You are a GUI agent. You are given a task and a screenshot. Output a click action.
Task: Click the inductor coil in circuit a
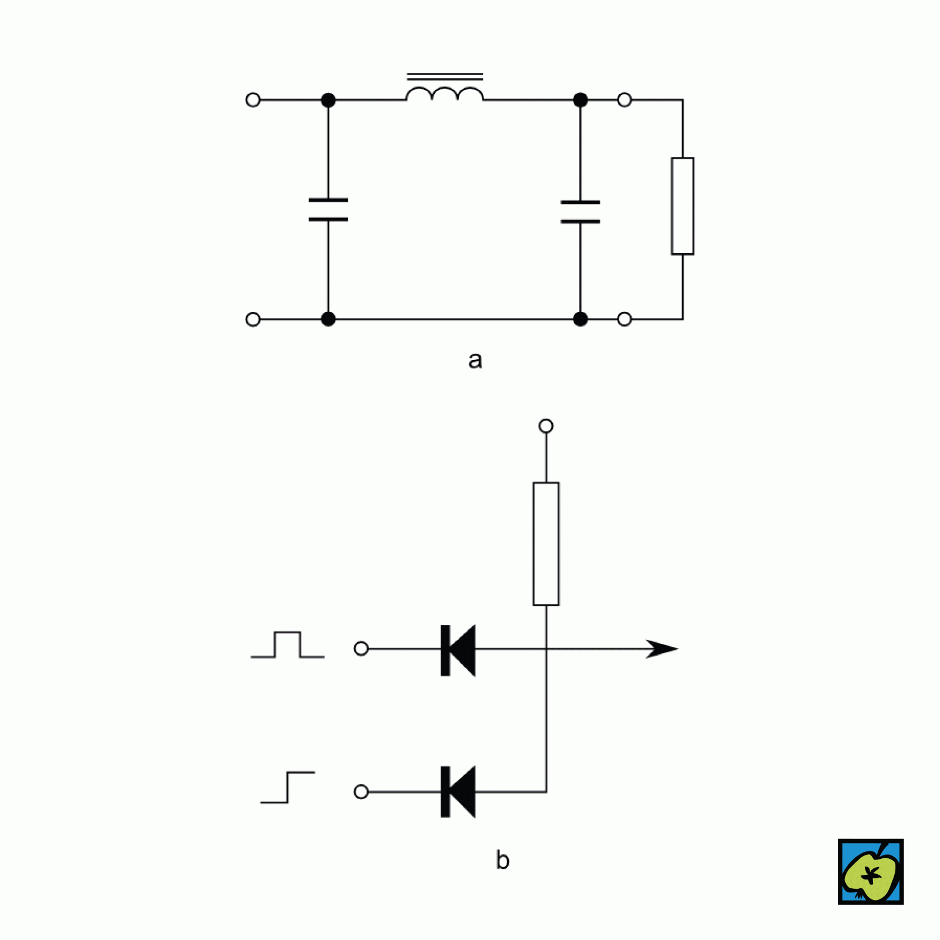point(445,93)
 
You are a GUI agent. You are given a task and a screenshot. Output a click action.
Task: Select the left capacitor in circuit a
point(328,210)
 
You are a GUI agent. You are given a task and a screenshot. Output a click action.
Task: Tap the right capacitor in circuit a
point(580,211)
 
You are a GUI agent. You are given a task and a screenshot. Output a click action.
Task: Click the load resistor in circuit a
point(683,206)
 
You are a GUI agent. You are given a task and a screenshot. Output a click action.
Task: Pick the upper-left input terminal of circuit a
point(253,100)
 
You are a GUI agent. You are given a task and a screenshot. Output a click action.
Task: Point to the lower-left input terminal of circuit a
point(253,319)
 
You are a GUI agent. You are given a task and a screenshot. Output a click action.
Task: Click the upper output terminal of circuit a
point(625,100)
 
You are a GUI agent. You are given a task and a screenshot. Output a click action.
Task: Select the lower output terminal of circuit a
point(625,319)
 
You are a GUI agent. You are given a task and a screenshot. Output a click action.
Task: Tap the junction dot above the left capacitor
point(328,100)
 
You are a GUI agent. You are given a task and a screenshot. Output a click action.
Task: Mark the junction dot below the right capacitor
point(580,319)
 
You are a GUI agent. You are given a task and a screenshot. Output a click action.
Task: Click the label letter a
point(475,360)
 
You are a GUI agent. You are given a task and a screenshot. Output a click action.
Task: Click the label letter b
point(502,860)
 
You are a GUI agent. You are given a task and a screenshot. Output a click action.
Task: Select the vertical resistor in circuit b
point(546,543)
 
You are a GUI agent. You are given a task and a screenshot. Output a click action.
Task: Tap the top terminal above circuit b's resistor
point(546,426)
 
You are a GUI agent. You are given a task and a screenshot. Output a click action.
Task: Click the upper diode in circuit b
point(458,650)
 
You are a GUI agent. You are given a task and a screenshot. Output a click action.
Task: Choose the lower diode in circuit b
point(458,792)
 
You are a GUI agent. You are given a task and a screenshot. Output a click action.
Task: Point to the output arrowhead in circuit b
point(663,649)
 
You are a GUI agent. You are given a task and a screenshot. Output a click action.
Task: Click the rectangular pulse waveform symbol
point(287,645)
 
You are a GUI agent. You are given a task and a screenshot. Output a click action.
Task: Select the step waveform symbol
point(287,787)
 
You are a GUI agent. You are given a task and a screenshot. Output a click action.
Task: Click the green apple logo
point(871,872)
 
